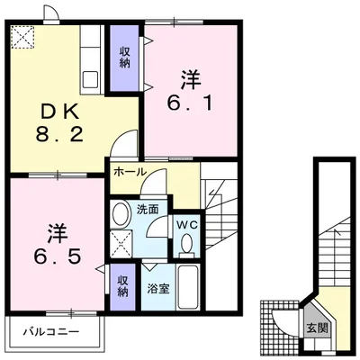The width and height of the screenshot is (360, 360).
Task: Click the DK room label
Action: (59, 113)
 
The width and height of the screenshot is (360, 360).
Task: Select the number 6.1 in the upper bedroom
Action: (190, 103)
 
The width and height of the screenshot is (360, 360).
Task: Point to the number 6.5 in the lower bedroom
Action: (57, 256)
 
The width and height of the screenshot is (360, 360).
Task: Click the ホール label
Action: (130, 172)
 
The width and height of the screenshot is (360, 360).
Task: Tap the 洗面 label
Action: (148, 210)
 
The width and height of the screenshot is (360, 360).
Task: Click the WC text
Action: (186, 225)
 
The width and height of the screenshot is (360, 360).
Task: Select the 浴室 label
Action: (158, 289)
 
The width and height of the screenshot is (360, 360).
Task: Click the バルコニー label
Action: (51, 332)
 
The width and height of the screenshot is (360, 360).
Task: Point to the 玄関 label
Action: (316, 328)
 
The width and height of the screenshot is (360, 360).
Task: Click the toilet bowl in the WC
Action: (187, 244)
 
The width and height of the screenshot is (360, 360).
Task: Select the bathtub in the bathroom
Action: (188, 287)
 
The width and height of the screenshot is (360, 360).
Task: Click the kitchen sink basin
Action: (90, 79)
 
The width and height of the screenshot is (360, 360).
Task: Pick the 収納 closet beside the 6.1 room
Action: (124, 58)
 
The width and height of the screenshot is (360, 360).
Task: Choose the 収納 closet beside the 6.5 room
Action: (122, 287)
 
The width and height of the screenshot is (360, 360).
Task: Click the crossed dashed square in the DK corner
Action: (22, 37)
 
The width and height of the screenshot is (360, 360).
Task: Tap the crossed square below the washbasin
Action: (121, 244)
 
